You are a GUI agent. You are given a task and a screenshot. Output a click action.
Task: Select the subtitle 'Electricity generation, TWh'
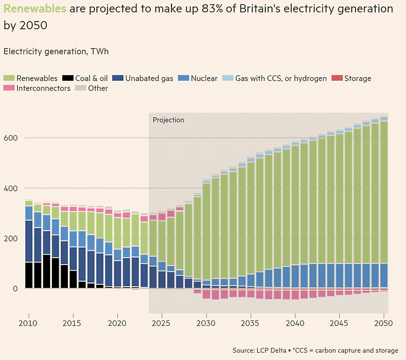pyautogui.click(x=56, y=51)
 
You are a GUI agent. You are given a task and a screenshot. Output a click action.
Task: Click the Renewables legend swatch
pyautogui.click(x=9, y=78)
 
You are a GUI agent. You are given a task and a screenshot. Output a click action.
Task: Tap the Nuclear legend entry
pyautogui.click(x=199, y=78)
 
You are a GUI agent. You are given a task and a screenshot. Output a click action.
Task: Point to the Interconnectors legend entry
pyautogui.click(x=38, y=88)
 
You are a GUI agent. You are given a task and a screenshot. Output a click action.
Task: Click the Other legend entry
pyautogui.click(x=93, y=88)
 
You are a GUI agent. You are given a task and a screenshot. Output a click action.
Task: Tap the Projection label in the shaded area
pyautogui.click(x=168, y=120)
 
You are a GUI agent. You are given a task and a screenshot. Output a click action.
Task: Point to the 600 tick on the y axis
pyautogui.click(x=11, y=137)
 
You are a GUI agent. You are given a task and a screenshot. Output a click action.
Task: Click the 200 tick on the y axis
pyautogui.click(x=11, y=238)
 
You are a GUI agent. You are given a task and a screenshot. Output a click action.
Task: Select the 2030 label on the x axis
pyautogui.click(x=207, y=323)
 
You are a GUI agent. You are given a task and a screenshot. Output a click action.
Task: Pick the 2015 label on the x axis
pyautogui.click(x=72, y=323)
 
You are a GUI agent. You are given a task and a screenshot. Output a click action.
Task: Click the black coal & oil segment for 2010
pyautogui.click(x=28, y=275)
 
